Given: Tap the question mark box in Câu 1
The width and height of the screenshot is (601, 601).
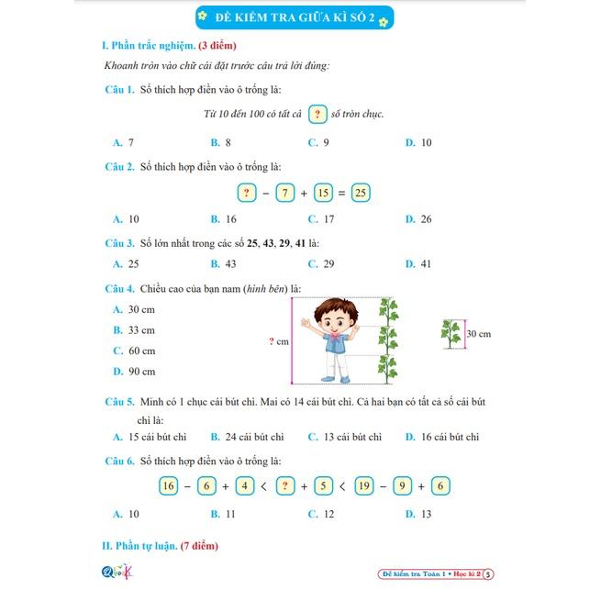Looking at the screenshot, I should pos(317,115).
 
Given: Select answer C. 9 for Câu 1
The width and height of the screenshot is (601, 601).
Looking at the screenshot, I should pos(319,142).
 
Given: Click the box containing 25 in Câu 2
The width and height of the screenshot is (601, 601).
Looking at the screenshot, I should pos(361,193).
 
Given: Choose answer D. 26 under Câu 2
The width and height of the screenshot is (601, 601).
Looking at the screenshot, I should pos(418,218).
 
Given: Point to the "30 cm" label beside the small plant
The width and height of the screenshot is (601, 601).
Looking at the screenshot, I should pos(479,333).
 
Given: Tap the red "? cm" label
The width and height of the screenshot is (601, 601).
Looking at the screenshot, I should pos(278,340).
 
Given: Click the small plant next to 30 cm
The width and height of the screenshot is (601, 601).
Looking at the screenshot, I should pos(451,333).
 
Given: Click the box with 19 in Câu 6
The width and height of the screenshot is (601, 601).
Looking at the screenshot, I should pos(364,486).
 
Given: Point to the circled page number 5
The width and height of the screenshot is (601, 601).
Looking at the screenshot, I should pos(488,574).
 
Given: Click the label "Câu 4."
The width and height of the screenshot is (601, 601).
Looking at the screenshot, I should pos(119,289).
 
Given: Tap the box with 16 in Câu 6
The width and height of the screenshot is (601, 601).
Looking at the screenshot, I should pos(168,486).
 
